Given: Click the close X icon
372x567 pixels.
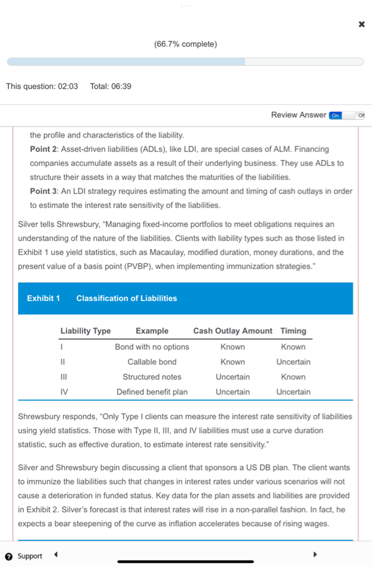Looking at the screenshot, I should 361,24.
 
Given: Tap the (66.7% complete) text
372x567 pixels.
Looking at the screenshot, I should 186,44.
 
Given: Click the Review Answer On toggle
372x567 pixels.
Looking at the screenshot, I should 335,115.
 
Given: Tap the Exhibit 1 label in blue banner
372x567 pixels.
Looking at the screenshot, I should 43,298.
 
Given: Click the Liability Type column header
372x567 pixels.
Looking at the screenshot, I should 86,331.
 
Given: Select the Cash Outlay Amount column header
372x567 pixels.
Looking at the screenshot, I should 233,331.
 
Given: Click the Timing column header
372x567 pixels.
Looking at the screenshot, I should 293,331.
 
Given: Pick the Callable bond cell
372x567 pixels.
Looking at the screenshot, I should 152,362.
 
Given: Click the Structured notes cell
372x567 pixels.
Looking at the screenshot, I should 152,377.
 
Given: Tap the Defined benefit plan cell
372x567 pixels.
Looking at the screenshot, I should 152,392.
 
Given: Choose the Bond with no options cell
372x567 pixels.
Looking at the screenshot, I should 152,347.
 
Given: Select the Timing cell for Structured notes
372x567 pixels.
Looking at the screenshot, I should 293,377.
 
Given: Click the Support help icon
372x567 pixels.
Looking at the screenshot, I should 9,556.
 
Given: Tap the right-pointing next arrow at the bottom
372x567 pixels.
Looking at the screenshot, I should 315,554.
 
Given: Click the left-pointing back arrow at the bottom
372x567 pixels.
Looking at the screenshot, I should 56,554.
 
